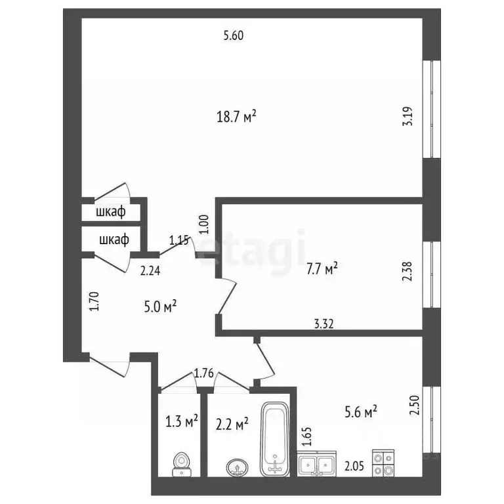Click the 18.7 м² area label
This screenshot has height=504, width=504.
[x=236, y=117]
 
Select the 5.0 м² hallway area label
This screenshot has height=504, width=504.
[x=160, y=306]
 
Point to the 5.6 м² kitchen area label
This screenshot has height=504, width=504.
[x=360, y=411]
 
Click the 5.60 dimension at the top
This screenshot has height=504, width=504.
[x=234, y=36]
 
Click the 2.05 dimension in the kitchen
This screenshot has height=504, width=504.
[x=354, y=465]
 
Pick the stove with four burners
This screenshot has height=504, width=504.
[x=383, y=463]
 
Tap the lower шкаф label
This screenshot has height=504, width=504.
[x=114, y=240]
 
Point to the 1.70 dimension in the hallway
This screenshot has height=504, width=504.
[x=93, y=304]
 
